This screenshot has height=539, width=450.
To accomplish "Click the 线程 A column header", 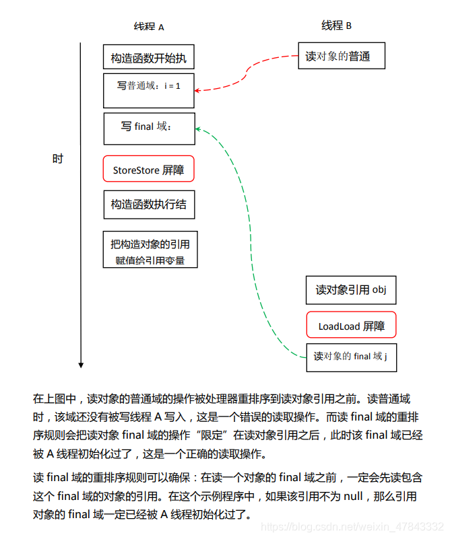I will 149,27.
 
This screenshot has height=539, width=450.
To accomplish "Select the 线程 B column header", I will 336,26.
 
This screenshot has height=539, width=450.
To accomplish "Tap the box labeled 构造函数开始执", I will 149,58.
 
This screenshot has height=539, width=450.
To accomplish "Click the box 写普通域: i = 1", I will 149,90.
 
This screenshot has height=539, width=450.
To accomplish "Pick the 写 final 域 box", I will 149,128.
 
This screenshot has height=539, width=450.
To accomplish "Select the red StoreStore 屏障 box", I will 149,170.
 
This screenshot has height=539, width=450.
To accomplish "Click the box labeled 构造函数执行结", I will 149,204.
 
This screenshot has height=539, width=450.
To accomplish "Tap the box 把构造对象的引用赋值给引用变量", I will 150,250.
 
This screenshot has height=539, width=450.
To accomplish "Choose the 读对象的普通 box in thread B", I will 342,56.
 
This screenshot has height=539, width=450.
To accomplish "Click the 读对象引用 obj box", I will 351,290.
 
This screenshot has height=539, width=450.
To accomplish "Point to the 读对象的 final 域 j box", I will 351,357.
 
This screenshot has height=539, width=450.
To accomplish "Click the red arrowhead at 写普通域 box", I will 198,89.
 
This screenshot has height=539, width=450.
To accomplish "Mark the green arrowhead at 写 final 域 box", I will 198,128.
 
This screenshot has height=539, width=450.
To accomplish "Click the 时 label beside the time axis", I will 58,159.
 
